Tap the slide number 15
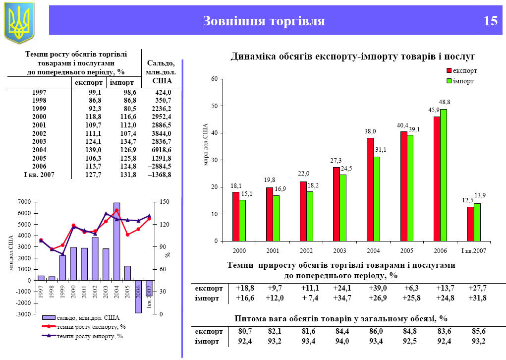[x=490, y=21]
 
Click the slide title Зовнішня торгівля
[x=264, y=21]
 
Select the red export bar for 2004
[x=370, y=189]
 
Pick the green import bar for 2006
[x=444, y=175]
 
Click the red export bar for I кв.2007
[x=470, y=224]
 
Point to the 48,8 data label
[x=445, y=102]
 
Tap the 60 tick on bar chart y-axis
[x=214, y=79]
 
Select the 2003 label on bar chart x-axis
[x=339, y=251]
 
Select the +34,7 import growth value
[x=343, y=298]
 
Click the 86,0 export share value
[x=377, y=331]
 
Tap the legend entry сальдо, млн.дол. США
[x=87, y=318]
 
